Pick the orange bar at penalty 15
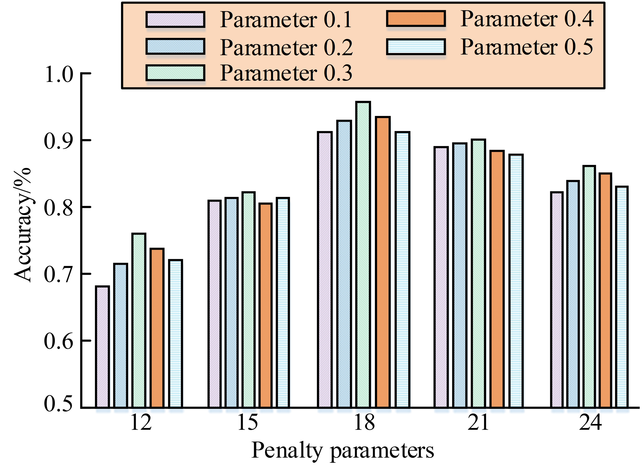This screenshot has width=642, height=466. point(265,305)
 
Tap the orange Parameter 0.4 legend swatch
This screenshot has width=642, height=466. point(416,19)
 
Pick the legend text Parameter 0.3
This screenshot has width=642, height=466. point(286,73)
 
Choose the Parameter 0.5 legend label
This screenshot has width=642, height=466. point(527,47)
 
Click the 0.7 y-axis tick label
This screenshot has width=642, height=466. point(59,274)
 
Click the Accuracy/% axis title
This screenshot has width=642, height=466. point(23,225)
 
